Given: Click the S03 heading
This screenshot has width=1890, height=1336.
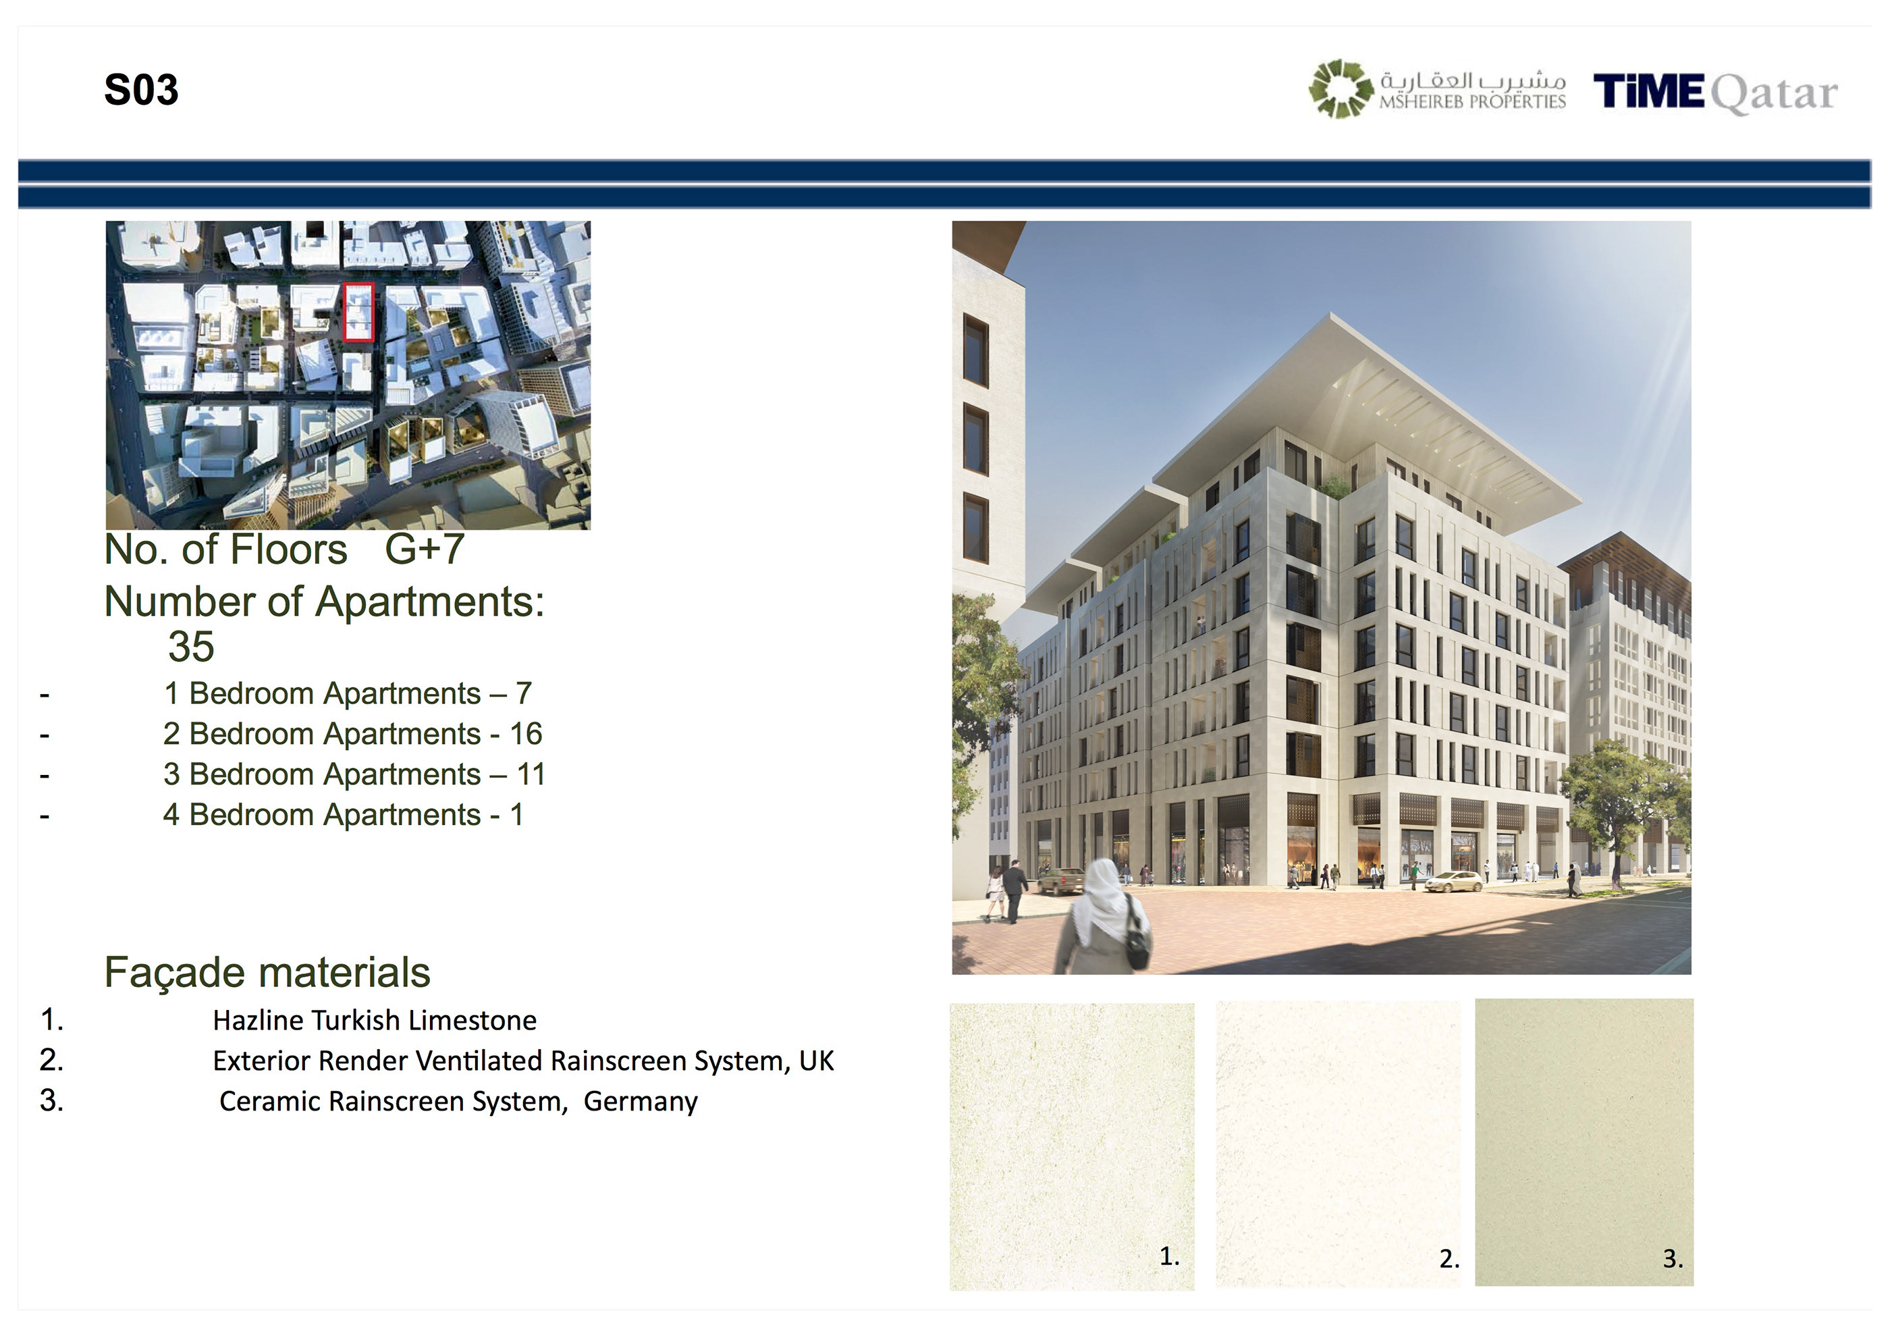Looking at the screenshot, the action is click(x=141, y=90).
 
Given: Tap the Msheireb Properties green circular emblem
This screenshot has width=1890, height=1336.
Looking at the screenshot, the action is click(x=1341, y=89).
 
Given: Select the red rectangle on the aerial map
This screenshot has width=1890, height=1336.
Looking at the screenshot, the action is click(x=359, y=312).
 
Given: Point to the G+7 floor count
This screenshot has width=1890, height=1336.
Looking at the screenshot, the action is click(x=425, y=549).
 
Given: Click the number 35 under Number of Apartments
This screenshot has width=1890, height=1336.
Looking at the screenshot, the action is click(x=191, y=647).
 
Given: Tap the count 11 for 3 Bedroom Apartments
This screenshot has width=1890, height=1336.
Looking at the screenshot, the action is click(x=531, y=774).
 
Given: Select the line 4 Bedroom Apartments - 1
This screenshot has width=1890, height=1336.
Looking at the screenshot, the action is click(x=344, y=815).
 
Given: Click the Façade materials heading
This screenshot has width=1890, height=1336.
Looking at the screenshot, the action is click(x=267, y=972).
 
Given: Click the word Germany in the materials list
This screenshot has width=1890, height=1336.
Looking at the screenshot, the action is click(x=641, y=1101).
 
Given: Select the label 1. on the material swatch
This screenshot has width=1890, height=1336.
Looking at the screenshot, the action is click(x=1170, y=1256).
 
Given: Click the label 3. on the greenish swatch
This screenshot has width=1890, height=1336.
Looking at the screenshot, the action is click(x=1673, y=1258).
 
